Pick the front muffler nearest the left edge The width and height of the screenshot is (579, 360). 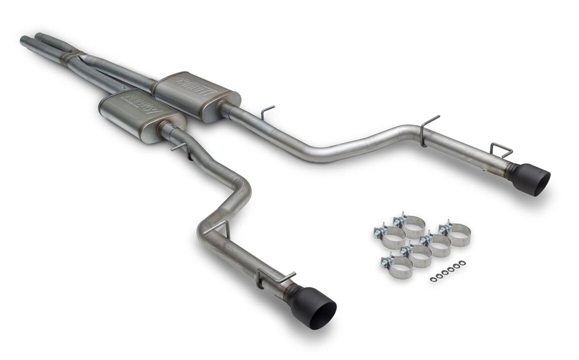point(141,116)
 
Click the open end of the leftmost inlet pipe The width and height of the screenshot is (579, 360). point(24,40)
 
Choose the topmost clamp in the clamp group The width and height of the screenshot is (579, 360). point(409,223)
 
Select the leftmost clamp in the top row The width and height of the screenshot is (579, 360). point(388,235)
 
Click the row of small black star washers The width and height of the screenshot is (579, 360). point(447,272)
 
